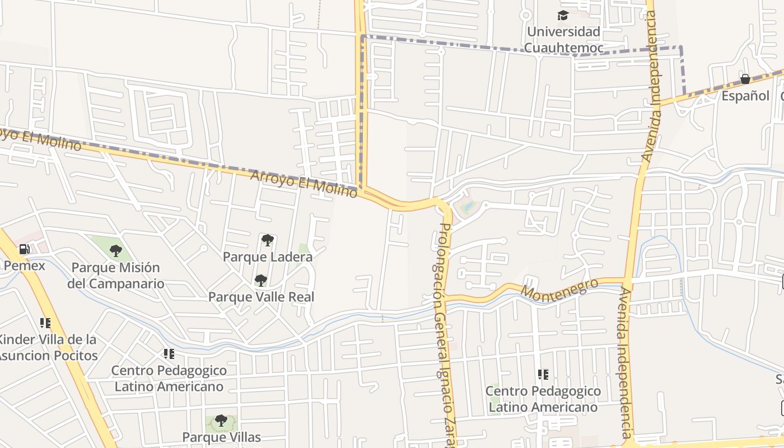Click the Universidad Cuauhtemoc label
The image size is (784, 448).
coord(563,40)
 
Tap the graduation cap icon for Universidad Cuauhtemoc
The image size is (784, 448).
coord(563,15)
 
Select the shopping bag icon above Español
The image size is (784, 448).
coord(745,79)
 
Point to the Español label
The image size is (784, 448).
coord(745,96)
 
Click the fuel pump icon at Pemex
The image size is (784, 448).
coord(24,249)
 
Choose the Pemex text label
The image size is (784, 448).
coord(24,265)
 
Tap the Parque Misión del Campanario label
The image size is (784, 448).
coord(116,276)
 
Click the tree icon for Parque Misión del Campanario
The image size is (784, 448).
coord(116,251)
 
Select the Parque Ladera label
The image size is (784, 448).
coord(268,257)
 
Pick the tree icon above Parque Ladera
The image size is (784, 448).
coord(268,241)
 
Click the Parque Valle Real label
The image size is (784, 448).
coord(261,297)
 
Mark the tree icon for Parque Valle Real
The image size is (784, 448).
coord(260,281)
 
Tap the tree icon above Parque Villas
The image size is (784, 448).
coord(221,421)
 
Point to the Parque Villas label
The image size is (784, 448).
coord(222,437)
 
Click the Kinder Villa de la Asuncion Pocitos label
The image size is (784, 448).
coord(47,347)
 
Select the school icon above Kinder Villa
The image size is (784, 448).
coord(45,323)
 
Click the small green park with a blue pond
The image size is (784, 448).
coord(467,208)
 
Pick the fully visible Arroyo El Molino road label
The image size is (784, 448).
coord(304,184)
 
